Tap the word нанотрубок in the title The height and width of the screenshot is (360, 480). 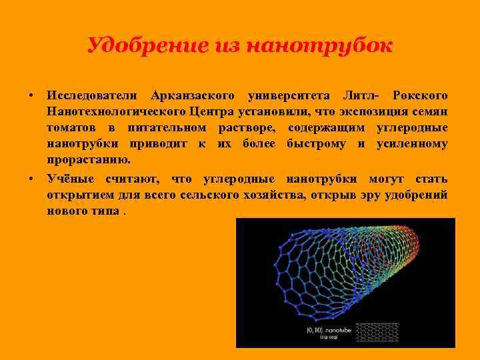tap(319, 46)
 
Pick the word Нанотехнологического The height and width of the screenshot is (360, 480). tap(115, 111)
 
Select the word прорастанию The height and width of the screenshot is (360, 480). tap(89, 161)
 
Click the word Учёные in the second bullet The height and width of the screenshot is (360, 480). tap(71, 179)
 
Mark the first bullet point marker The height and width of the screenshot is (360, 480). tap(31, 95)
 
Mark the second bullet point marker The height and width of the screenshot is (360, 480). tap(31, 179)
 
